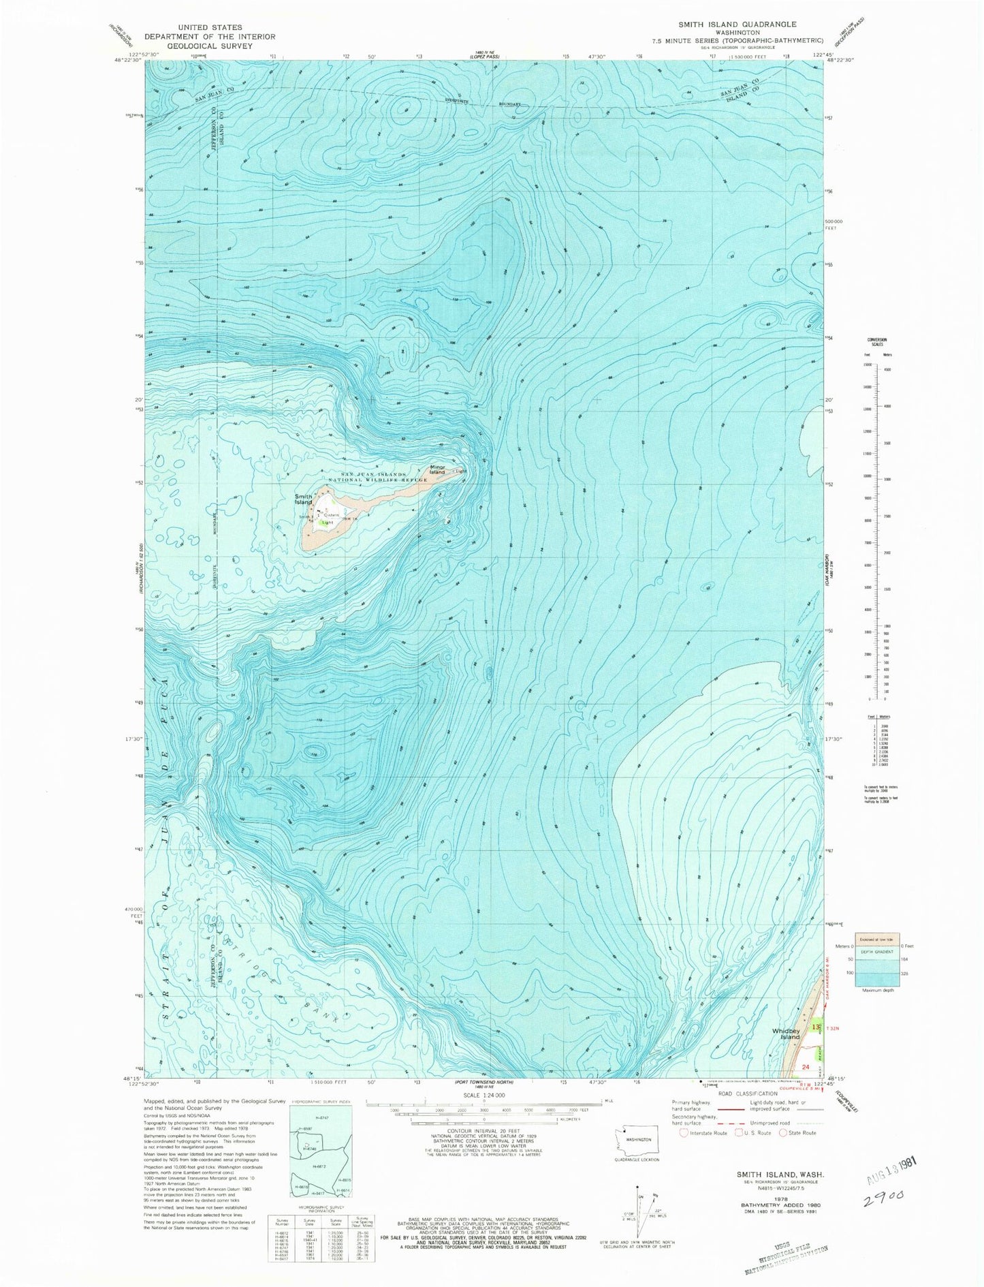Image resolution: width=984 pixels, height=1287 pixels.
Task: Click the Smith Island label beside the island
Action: click(x=303, y=499)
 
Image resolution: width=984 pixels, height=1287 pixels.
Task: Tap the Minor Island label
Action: click(x=437, y=469)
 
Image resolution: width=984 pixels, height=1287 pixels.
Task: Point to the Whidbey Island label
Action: click(x=790, y=1034)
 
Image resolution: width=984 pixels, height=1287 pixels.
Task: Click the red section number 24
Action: click(x=806, y=1068)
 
